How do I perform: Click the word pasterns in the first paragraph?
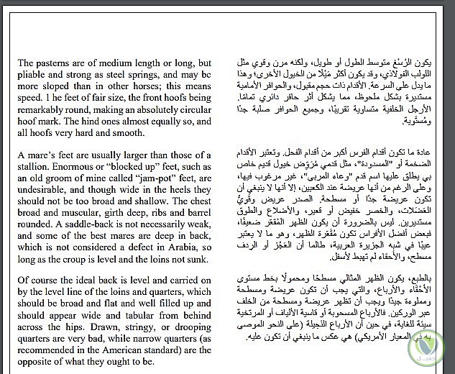pyautogui.click(x=55, y=63)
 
